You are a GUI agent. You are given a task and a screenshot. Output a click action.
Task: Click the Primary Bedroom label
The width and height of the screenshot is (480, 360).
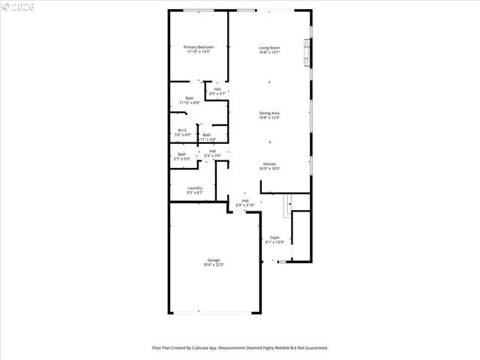coord(199,47)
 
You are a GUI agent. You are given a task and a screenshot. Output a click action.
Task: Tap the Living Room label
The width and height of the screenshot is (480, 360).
coord(269,47)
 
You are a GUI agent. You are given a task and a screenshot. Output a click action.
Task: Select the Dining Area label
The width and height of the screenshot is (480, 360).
coord(269,113)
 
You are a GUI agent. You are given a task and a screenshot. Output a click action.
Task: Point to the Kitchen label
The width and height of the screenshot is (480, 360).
coord(269,164)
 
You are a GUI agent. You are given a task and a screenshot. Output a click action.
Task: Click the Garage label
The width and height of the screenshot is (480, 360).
coord(214,260)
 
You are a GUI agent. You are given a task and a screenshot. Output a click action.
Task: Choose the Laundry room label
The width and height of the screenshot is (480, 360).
coord(195,188)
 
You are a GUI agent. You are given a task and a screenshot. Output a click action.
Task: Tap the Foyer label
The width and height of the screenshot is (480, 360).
coord(275,238)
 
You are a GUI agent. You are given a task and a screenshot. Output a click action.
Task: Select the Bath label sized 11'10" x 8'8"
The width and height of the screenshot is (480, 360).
coord(190,97)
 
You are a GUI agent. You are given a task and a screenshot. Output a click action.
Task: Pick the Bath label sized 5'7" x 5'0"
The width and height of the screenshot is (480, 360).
coord(181,154)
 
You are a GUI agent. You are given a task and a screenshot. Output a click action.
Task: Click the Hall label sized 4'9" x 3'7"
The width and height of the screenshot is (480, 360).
coord(217,89)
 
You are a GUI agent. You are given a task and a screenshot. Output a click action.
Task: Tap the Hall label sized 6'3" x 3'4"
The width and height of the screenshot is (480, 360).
coord(213,151)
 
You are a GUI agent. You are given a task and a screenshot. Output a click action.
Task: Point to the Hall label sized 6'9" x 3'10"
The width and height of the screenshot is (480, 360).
coord(245,200)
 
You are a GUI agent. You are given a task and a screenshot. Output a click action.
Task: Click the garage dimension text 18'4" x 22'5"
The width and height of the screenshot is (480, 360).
coord(214,265)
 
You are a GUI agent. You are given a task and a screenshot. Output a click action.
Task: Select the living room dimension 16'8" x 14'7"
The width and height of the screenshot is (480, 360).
coord(269,52)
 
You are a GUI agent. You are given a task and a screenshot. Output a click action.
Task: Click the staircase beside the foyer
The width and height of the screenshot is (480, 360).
coord(286,205)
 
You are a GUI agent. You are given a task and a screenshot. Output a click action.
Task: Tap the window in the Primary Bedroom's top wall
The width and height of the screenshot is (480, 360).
coord(197,10)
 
